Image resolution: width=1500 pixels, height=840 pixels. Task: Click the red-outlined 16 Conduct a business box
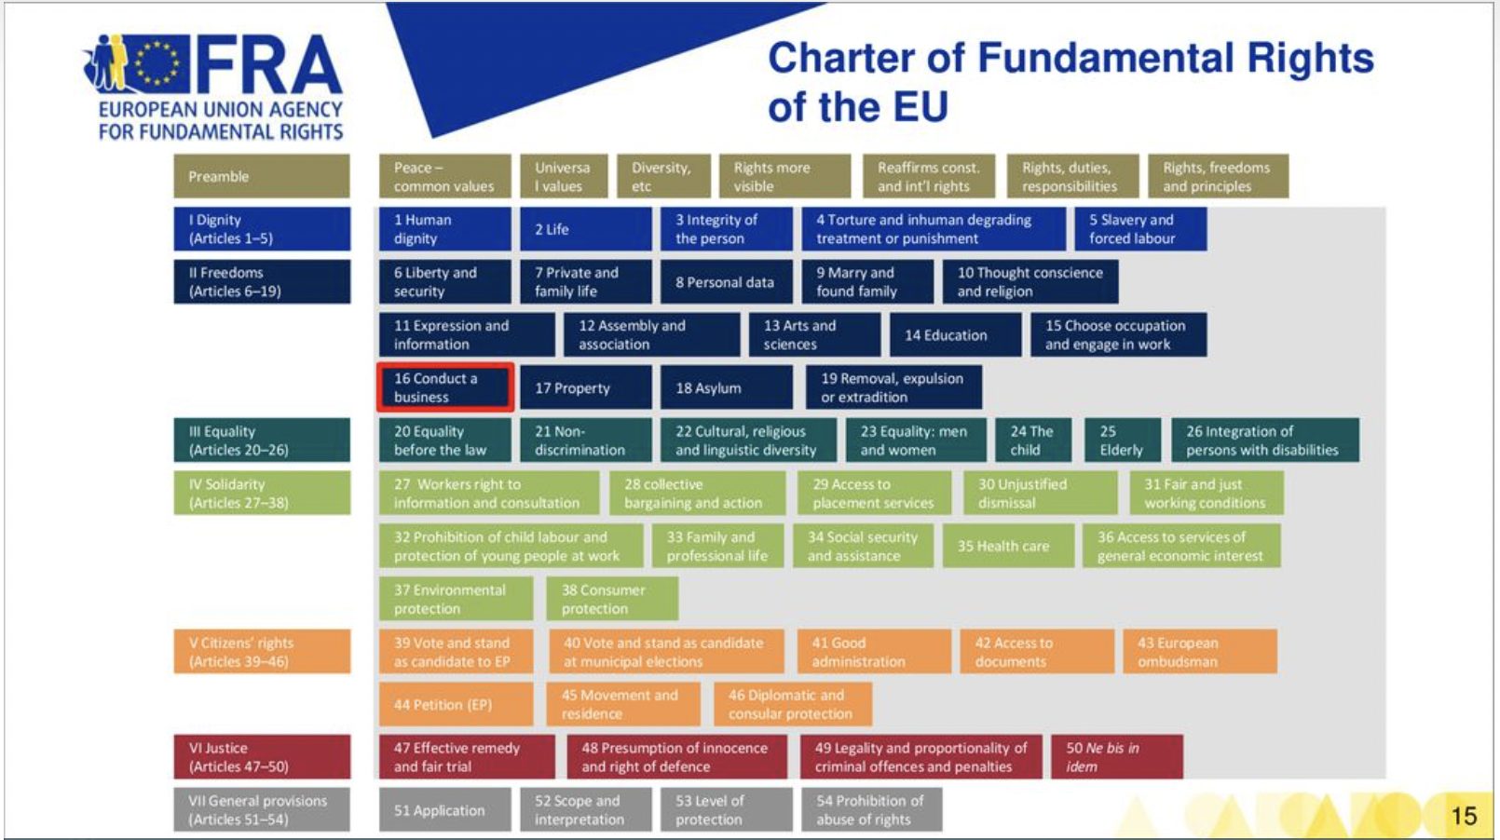445,386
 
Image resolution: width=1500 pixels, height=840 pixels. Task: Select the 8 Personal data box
726,282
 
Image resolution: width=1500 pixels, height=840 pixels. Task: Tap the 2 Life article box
585,229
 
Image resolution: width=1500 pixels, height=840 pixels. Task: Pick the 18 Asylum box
726,386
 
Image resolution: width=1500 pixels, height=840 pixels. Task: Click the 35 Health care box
1008,546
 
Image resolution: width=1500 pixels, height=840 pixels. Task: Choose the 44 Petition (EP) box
456,704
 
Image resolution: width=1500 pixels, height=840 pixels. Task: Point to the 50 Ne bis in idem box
1117,757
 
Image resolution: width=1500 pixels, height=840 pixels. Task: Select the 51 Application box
444,810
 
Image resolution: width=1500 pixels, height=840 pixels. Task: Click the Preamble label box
262,176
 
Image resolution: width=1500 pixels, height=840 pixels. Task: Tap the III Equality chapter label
262,440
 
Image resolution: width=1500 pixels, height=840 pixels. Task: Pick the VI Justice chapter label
262,757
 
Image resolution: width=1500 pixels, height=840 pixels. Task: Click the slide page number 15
1464,816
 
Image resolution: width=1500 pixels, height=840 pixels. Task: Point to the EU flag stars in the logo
157,63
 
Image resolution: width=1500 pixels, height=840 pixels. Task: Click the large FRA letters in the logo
268,63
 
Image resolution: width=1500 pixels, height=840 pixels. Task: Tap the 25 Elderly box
1123,440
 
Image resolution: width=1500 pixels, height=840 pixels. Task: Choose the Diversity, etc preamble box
663,176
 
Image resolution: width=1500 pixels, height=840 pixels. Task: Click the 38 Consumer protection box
612,599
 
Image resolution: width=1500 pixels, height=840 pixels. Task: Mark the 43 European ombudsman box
1200,651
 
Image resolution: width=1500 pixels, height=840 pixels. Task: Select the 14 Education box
956,334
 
